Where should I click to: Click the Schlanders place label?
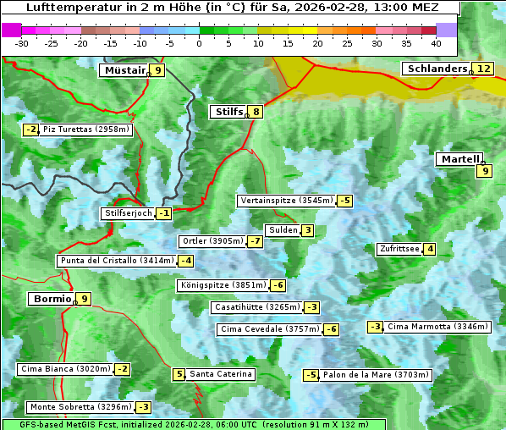click(x=436, y=69)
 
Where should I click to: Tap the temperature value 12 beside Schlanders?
click(x=483, y=69)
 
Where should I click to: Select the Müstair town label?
click(x=124, y=70)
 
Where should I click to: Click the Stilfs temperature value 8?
click(x=256, y=111)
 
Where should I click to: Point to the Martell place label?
click(x=459, y=158)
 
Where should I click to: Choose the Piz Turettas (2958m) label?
click(x=86, y=130)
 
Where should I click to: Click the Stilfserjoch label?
click(x=128, y=213)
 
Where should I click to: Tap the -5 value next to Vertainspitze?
click(x=344, y=201)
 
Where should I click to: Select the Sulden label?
click(x=282, y=230)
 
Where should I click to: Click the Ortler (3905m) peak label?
click(x=212, y=241)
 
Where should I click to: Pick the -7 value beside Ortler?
click(x=255, y=241)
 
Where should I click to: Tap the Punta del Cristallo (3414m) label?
click(x=116, y=261)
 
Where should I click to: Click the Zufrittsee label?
click(x=399, y=249)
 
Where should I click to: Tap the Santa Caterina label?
click(x=220, y=374)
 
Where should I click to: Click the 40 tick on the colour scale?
click(x=436, y=43)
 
